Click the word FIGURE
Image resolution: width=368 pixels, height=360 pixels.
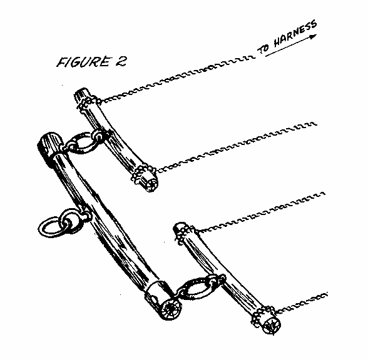(83, 62)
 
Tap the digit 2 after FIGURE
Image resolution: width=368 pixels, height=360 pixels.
(121, 62)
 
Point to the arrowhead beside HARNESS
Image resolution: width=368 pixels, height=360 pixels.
(314, 36)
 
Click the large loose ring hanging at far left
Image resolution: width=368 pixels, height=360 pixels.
(51, 227)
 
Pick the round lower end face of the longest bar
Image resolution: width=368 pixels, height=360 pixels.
(170, 309)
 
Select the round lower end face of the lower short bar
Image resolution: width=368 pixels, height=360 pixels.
(272, 326)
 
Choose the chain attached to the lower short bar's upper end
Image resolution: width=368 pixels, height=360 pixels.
(260, 212)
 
